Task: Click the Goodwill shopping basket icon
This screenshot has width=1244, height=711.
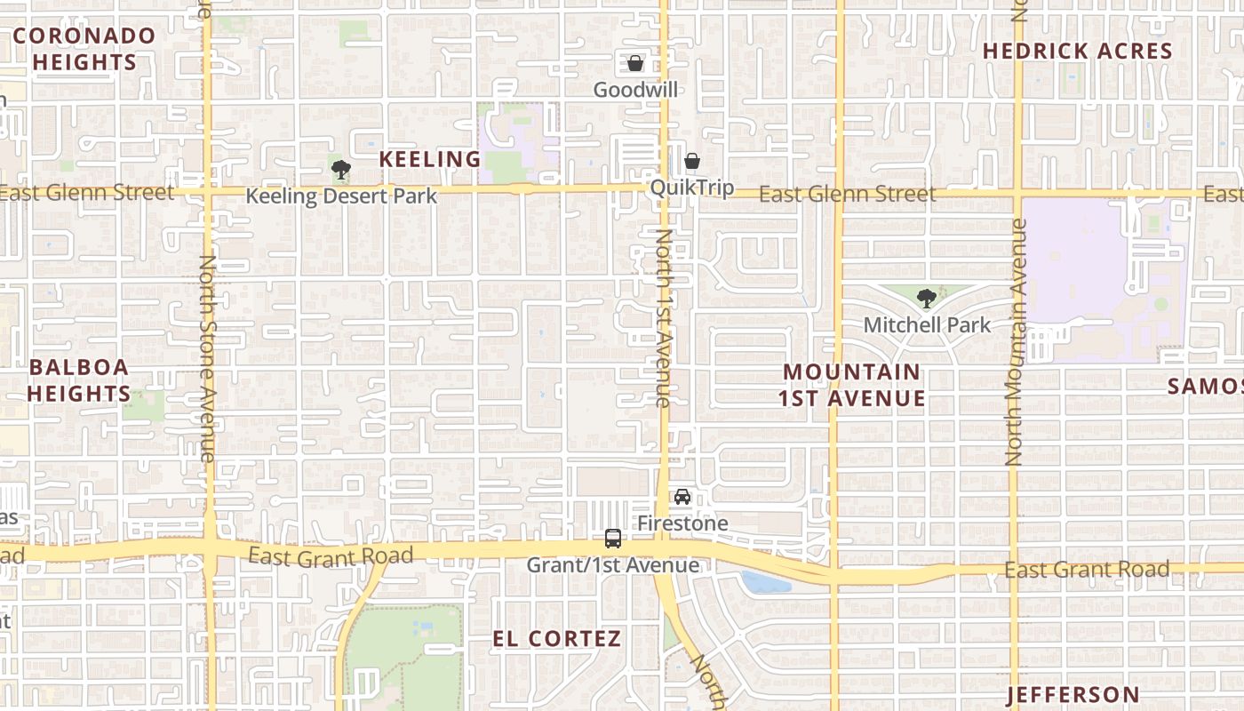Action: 635,63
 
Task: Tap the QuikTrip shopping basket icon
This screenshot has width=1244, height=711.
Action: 691,161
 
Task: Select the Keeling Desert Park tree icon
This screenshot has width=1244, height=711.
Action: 339,169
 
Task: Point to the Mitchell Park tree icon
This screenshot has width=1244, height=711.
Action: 926,298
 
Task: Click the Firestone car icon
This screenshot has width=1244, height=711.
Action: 682,497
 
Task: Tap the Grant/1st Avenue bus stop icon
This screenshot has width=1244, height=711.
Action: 613,538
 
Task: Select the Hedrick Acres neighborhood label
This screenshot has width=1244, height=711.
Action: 1078,52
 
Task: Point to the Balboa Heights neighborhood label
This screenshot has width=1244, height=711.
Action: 79,380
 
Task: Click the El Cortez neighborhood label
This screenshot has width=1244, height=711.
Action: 557,639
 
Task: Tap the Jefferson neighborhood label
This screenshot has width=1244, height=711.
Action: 1073,694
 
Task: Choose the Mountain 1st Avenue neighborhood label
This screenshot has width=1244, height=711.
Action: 852,385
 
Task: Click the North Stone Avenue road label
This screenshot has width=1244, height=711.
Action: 208,357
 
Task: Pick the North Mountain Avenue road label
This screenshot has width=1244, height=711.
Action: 1016,342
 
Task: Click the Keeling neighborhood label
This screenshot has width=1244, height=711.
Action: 430,159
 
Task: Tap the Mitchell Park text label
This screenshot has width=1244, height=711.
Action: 927,325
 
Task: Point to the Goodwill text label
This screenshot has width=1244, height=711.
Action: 635,90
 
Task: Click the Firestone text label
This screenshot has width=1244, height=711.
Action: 682,523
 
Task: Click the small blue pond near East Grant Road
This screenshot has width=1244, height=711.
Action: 765,582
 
